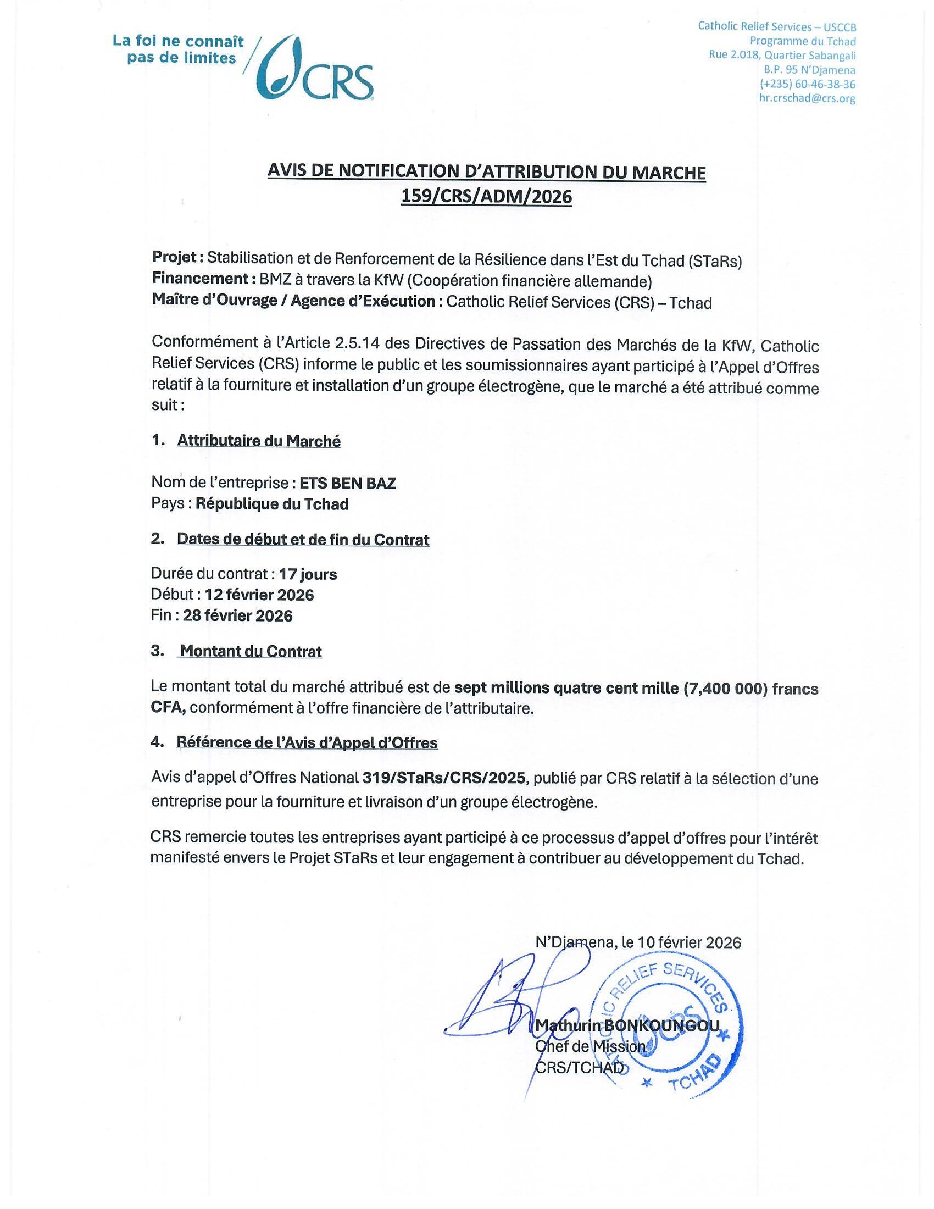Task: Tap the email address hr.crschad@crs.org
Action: pos(807,99)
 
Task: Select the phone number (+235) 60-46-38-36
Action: pos(807,85)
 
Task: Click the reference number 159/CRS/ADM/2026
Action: pos(486,197)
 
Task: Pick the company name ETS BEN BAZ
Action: pos(347,483)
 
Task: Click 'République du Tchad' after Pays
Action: pos(272,504)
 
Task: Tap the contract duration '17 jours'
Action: pos(308,574)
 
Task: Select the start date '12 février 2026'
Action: pos(259,595)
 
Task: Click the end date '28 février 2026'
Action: pos(237,615)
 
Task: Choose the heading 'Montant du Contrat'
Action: pos(251,652)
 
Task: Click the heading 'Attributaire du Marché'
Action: pos(258,441)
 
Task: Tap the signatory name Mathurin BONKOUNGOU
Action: pos(627,1026)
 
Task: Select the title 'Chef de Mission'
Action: pos(590,1047)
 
